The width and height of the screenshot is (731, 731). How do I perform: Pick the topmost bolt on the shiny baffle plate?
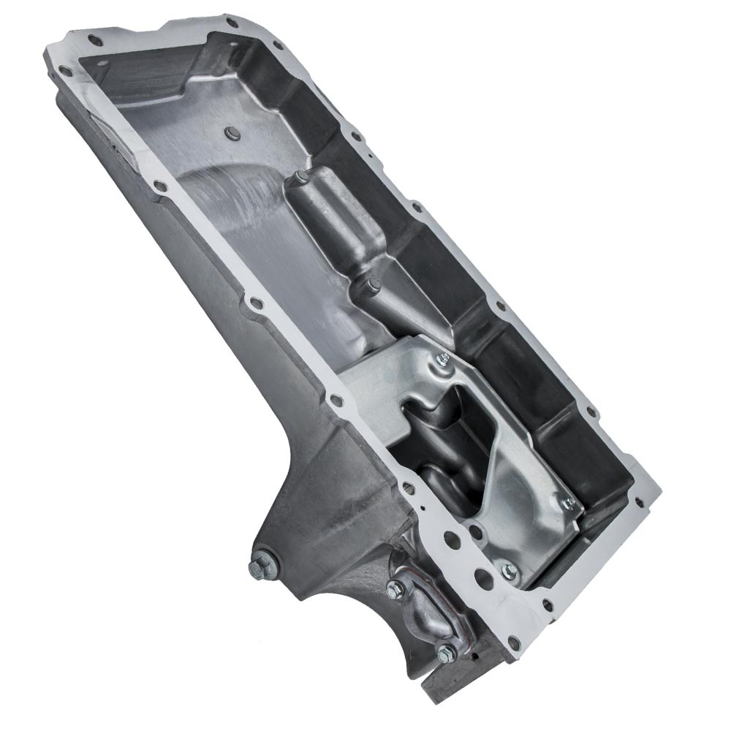[442, 358]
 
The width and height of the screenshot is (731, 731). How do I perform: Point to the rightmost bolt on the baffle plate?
[568, 502]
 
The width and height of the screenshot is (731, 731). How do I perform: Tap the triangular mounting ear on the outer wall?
[307, 512]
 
